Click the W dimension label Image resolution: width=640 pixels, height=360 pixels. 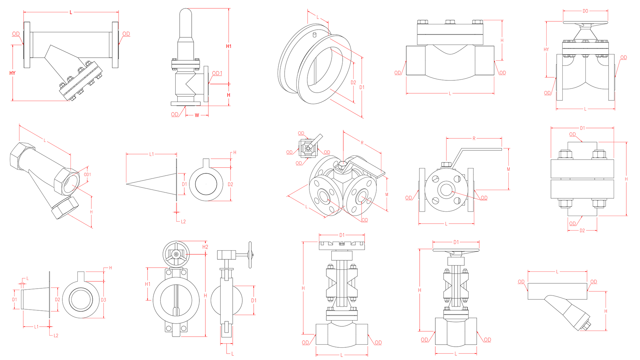click(x=197, y=115)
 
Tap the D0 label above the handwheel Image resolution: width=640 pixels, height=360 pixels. click(x=585, y=11)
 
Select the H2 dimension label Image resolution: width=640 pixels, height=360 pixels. click(x=205, y=247)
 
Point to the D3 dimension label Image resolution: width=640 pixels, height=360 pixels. click(x=103, y=300)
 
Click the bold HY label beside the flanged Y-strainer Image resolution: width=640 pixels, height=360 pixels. click(x=12, y=73)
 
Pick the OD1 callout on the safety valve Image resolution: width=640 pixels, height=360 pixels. click(x=217, y=73)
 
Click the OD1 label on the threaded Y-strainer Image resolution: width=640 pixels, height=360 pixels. click(x=87, y=175)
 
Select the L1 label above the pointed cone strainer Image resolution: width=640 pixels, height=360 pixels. click(x=152, y=154)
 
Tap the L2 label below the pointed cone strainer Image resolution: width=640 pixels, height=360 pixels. click(x=183, y=221)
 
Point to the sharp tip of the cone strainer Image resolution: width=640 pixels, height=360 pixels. click(x=127, y=183)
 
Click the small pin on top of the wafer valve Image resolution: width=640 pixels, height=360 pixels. click(x=314, y=35)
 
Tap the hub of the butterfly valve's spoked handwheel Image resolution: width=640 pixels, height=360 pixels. click(x=176, y=254)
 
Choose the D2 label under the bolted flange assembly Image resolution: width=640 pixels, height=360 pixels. click(x=582, y=230)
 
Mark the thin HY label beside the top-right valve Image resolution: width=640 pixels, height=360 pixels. click(x=546, y=49)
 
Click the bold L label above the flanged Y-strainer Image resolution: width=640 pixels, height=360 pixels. click(x=71, y=13)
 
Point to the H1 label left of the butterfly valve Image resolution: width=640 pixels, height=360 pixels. click(x=148, y=284)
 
